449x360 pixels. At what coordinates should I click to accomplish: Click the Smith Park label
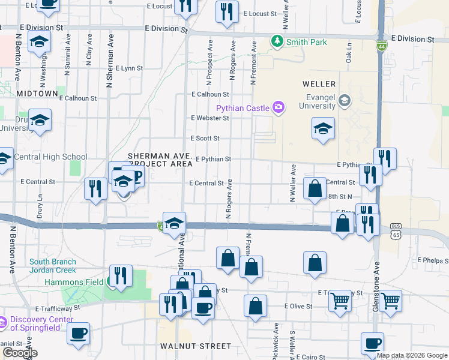pos(307,42)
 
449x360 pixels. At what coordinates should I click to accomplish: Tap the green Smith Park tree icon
pos(277,41)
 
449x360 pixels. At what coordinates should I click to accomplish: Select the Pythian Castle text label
pos(243,108)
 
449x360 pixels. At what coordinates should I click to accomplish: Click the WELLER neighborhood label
pos(319,84)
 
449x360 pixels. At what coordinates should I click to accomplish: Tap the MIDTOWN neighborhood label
pos(37,94)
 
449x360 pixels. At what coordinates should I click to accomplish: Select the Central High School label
pos(50,157)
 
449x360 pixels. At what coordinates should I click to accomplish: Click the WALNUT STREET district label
pos(196,346)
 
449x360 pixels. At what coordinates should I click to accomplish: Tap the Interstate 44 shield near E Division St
pos(382,46)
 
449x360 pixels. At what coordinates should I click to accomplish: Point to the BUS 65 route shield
pos(396,230)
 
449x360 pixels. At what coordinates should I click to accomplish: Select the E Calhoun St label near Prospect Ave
pos(210,94)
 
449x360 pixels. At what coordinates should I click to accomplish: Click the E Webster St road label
pos(209,118)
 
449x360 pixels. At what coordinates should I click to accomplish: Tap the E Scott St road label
pos(205,138)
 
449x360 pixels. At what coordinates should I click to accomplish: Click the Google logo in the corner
pos(20,353)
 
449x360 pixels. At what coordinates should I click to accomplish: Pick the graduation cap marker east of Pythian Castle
pos(323,128)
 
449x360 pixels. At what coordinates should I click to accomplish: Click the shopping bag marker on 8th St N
pos(315,188)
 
